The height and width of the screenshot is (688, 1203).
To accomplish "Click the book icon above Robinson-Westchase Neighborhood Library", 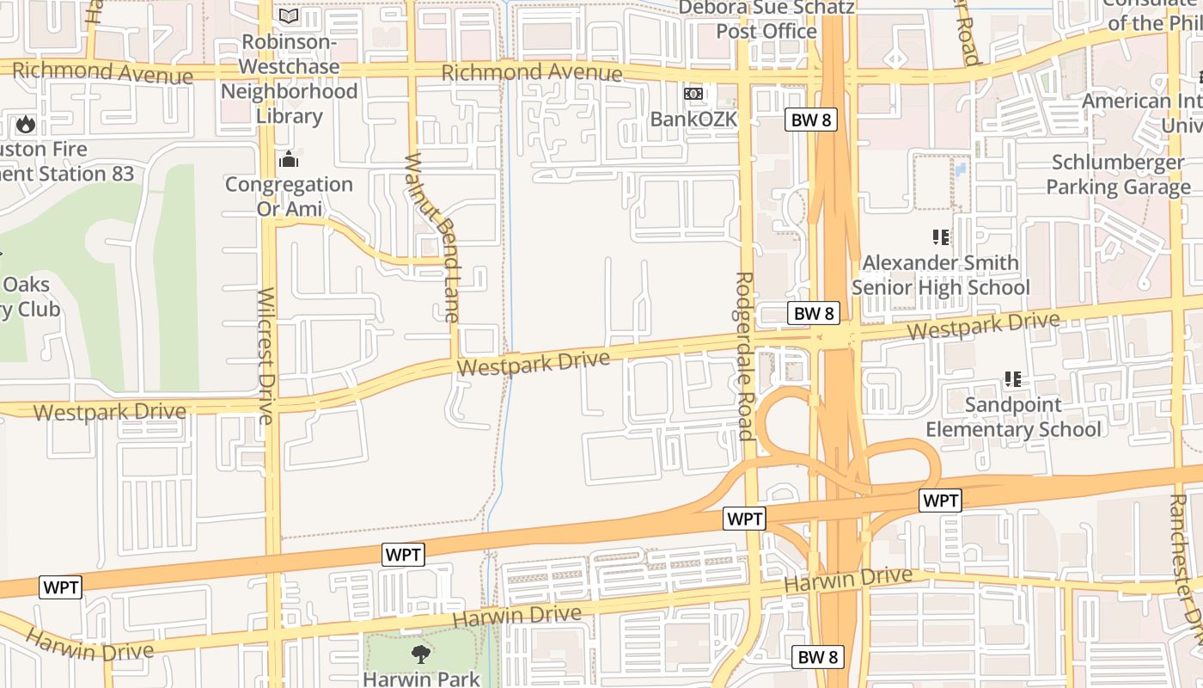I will click(x=289, y=16).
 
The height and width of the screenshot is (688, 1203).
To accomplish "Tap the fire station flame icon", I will click(x=26, y=125).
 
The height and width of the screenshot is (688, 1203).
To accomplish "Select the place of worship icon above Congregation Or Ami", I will click(x=289, y=160).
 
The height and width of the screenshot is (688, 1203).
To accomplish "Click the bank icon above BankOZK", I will click(x=693, y=94).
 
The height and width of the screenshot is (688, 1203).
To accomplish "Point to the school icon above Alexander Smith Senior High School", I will click(x=941, y=237).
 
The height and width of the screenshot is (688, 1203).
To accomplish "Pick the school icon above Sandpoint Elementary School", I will click(x=1013, y=379).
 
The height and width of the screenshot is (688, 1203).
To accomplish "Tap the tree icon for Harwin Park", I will click(x=421, y=654).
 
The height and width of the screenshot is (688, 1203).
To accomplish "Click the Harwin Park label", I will click(x=421, y=679).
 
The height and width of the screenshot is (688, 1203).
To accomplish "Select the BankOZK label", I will click(x=693, y=119).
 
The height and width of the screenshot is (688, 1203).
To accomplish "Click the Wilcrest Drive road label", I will click(x=266, y=356).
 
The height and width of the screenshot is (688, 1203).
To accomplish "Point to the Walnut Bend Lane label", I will click(x=432, y=237).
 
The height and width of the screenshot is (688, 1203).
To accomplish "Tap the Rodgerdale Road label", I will click(x=745, y=356).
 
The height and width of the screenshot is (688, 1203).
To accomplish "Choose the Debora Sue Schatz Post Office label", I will click(x=767, y=19).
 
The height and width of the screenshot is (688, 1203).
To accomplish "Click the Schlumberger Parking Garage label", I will click(x=1118, y=175).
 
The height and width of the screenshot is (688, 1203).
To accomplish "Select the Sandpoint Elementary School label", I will click(x=1013, y=417).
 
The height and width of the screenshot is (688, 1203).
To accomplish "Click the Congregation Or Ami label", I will click(x=289, y=196).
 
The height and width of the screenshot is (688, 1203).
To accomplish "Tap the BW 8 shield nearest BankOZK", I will click(x=811, y=120).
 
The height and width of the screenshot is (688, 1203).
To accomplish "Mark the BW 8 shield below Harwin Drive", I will click(x=817, y=657).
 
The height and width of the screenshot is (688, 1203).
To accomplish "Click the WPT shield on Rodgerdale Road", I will click(x=744, y=519).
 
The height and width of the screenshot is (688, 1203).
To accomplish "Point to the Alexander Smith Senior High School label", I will click(x=940, y=274).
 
